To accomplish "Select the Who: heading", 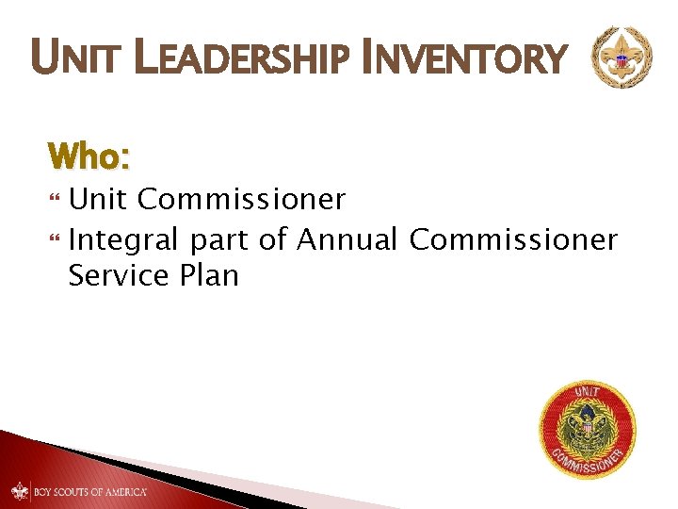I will [88, 155].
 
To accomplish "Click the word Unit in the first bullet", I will [102, 200].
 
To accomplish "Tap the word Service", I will [119, 276].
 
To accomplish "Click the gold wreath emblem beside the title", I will [620, 57].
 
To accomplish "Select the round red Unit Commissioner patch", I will [587, 429].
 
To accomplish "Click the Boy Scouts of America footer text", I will [90, 492].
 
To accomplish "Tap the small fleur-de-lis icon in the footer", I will [21, 492].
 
